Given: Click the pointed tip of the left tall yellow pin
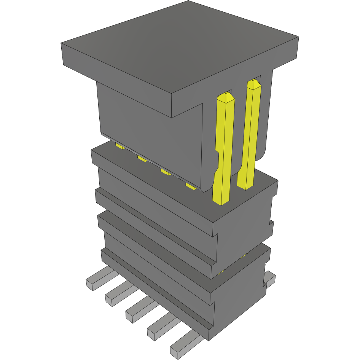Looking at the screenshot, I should pos(227,96).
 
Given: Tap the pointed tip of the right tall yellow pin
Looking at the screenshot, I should pos(254,83).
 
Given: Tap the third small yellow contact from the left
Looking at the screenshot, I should pos(166,172).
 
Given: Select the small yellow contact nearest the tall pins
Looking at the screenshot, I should pos(191,186).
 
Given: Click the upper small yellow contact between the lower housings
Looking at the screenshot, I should pos(244,255).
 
